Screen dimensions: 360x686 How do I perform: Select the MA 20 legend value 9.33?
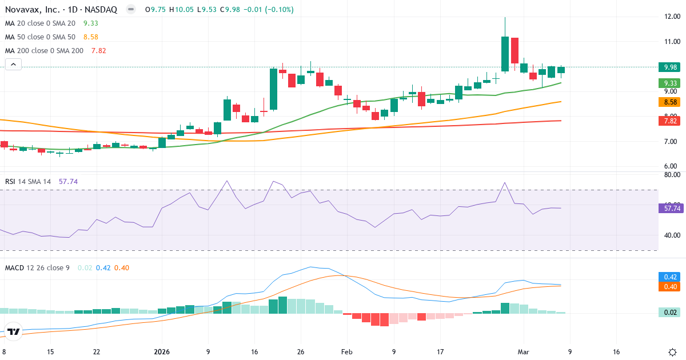tap(91, 23)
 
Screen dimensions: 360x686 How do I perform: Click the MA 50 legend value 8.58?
tap(91, 37)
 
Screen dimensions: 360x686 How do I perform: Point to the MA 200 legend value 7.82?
tap(98, 51)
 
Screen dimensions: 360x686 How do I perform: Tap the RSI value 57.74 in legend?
tap(68, 182)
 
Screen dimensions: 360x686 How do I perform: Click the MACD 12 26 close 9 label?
tap(38, 267)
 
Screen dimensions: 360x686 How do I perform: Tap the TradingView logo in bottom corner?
tap(14, 331)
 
